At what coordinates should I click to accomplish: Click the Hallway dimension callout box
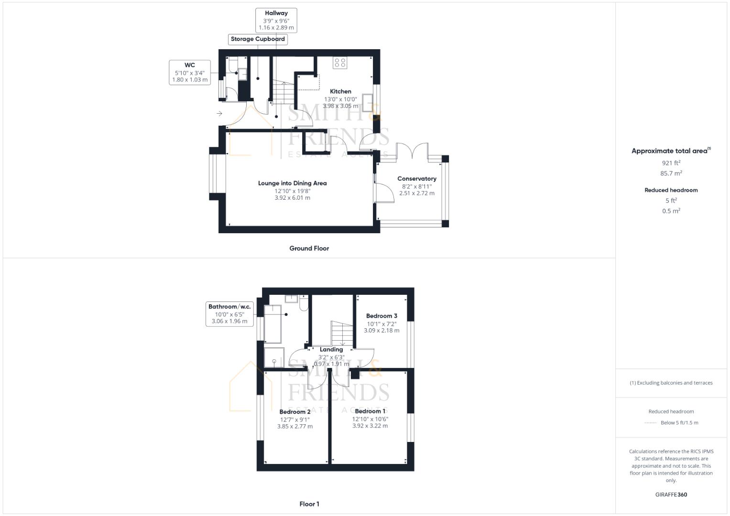[276, 21]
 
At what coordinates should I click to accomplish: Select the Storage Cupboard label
[258, 39]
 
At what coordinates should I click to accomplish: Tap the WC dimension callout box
[190, 73]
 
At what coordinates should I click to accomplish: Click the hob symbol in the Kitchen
[340, 62]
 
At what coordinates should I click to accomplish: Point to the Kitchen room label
[340, 91]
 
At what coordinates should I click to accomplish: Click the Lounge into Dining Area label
[292, 183]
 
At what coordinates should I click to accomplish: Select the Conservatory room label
[416, 179]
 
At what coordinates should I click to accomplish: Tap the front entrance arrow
[219, 114]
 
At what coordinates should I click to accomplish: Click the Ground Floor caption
[309, 248]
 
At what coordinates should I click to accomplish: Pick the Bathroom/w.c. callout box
[229, 314]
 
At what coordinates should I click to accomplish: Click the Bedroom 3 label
[381, 316]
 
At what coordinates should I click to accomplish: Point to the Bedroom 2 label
[295, 412]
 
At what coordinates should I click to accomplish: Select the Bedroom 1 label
[370, 411]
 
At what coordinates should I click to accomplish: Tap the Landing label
[331, 350]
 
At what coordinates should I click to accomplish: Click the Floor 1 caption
[309, 504]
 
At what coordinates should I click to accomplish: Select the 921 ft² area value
[671, 163]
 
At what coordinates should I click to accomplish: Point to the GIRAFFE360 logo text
[671, 494]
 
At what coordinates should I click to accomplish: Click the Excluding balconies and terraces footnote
[671, 383]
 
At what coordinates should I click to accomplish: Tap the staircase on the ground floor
[283, 92]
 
